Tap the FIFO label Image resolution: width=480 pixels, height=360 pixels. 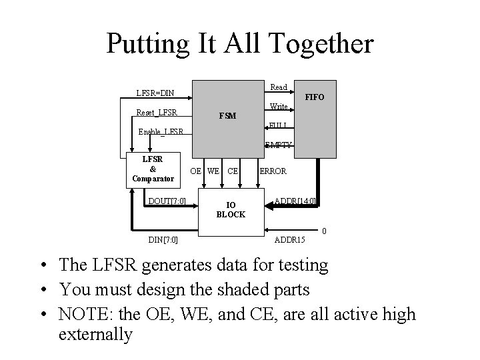[314, 97]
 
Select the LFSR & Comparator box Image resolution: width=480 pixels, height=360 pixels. [153, 169]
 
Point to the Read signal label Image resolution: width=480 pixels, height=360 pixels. [279, 87]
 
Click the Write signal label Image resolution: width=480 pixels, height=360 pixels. [279, 107]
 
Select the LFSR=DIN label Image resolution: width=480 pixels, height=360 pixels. [155, 93]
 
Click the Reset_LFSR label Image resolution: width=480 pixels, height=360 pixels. [157, 112]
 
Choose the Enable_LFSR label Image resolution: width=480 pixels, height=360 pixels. [161, 131]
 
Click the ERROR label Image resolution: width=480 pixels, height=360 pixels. [273, 171]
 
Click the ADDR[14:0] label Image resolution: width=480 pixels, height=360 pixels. [295, 201]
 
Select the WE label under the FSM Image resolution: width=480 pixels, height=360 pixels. [213, 171]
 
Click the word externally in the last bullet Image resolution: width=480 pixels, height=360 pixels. [95, 333]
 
